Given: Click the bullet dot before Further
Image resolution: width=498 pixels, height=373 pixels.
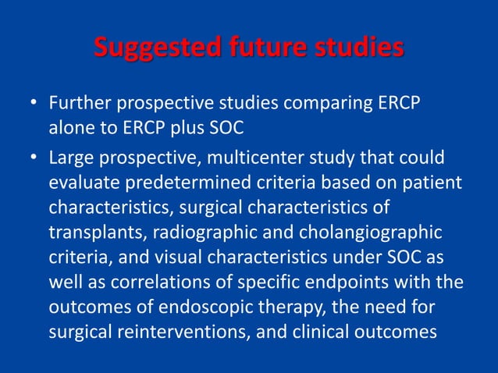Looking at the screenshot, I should [x=34, y=103].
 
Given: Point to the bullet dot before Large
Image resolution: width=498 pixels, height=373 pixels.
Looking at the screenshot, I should [x=34, y=159].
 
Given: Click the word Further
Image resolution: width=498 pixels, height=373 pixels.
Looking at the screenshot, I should [x=76, y=103].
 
